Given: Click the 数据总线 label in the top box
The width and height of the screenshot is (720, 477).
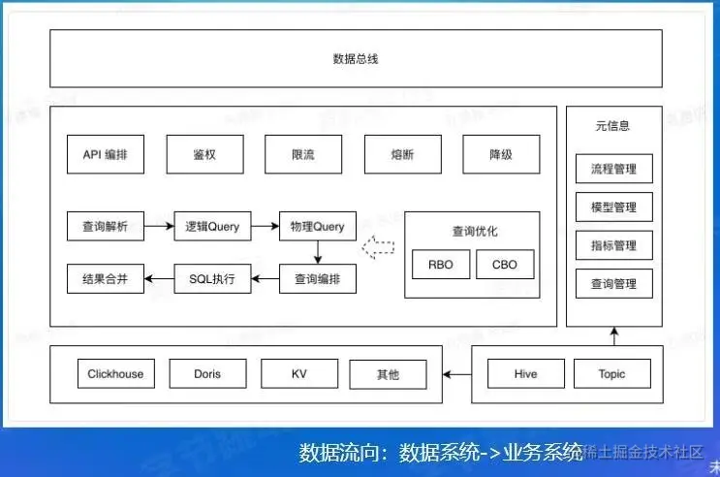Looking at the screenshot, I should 355,59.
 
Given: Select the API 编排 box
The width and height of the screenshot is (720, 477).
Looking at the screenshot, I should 106,154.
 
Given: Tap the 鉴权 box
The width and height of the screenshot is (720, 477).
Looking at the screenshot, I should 204,154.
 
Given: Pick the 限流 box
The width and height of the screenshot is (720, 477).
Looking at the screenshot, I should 303,154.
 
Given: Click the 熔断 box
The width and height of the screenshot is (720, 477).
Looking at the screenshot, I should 402,154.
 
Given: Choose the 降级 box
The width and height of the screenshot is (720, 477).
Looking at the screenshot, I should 501,154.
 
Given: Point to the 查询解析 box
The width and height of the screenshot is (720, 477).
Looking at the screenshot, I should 106,226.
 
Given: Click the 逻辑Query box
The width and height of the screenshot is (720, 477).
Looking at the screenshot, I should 211,226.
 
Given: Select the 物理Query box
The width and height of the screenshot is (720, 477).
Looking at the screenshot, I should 317,226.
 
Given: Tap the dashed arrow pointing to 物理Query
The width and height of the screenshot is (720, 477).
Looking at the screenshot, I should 379,248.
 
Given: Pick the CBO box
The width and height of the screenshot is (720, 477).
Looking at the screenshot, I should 505,264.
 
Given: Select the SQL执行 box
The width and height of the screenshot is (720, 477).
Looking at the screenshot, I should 211,279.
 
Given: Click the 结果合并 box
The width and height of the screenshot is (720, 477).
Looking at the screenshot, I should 106,279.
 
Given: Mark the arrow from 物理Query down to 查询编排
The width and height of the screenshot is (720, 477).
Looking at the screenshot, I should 317,252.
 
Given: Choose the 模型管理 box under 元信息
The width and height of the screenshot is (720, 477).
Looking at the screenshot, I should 613,207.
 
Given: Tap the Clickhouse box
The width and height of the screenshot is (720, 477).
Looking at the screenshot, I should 115,373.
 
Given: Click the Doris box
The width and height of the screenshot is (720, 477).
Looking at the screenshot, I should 206,373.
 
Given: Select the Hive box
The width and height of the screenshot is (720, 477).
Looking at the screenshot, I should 525,373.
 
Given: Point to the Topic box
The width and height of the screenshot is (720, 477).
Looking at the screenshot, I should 611,373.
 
